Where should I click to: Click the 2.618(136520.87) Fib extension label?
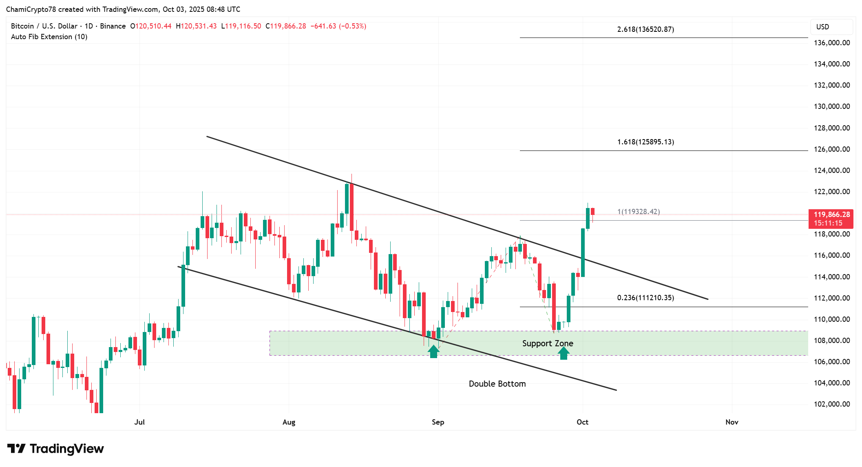click(x=645, y=29)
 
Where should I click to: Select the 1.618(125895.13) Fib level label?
click(x=645, y=142)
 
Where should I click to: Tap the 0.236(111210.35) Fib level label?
click(x=645, y=298)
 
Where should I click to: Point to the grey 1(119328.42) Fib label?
click(x=638, y=212)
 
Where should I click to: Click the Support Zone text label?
click(x=547, y=343)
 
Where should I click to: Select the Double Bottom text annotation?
click(x=497, y=384)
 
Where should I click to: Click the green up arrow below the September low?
click(x=433, y=351)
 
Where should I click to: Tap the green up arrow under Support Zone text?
click(x=564, y=353)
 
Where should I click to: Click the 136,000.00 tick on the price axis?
click(x=831, y=43)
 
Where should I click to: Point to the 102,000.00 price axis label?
click(x=831, y=404)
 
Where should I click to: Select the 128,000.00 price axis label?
click(x=831, y=128)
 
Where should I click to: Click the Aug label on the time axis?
click(x=289, y=422)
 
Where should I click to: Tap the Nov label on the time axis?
click(x=732, y=422)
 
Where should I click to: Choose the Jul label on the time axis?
click(x=139, y=422)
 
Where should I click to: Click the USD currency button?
click(x=822, y=27)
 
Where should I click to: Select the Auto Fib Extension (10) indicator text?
click(x=49, y=37)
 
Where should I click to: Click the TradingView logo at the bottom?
click(x=55, y=449)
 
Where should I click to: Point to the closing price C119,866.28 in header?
click(x=286, y=26)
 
